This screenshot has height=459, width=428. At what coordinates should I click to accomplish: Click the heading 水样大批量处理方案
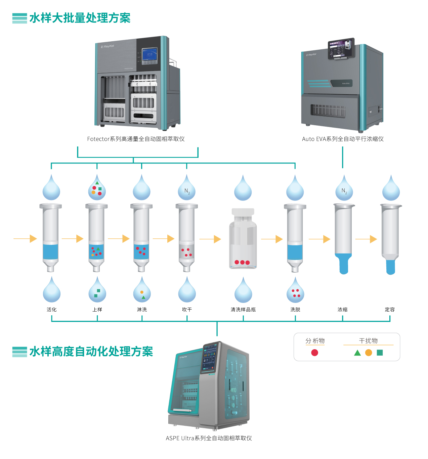point(80,18)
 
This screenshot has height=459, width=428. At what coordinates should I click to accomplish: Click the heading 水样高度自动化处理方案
point(91,352)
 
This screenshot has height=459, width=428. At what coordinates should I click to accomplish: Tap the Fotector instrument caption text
point(136,139)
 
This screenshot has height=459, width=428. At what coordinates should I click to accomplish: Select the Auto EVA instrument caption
point(343,139)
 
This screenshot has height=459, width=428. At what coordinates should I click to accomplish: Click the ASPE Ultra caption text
point(209,438)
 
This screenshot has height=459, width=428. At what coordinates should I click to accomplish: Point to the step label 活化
point(52,310)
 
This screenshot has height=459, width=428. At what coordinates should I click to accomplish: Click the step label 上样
point(97,310)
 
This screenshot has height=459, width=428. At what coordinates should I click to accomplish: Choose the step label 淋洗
point(142,310)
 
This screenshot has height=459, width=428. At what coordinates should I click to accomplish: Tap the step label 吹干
point(187,310)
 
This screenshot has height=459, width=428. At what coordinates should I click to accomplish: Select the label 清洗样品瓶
point(243,310)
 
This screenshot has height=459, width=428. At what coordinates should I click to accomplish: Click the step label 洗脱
point(295,310)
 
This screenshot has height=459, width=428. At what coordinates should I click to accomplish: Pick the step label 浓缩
point(343,310)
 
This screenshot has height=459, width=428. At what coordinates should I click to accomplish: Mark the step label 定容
point(390,310)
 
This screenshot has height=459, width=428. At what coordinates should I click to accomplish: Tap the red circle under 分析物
point(314,353)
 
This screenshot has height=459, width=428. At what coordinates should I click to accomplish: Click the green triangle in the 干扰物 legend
point(357,353)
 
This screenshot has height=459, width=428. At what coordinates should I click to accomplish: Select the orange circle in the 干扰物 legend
point(369,353)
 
